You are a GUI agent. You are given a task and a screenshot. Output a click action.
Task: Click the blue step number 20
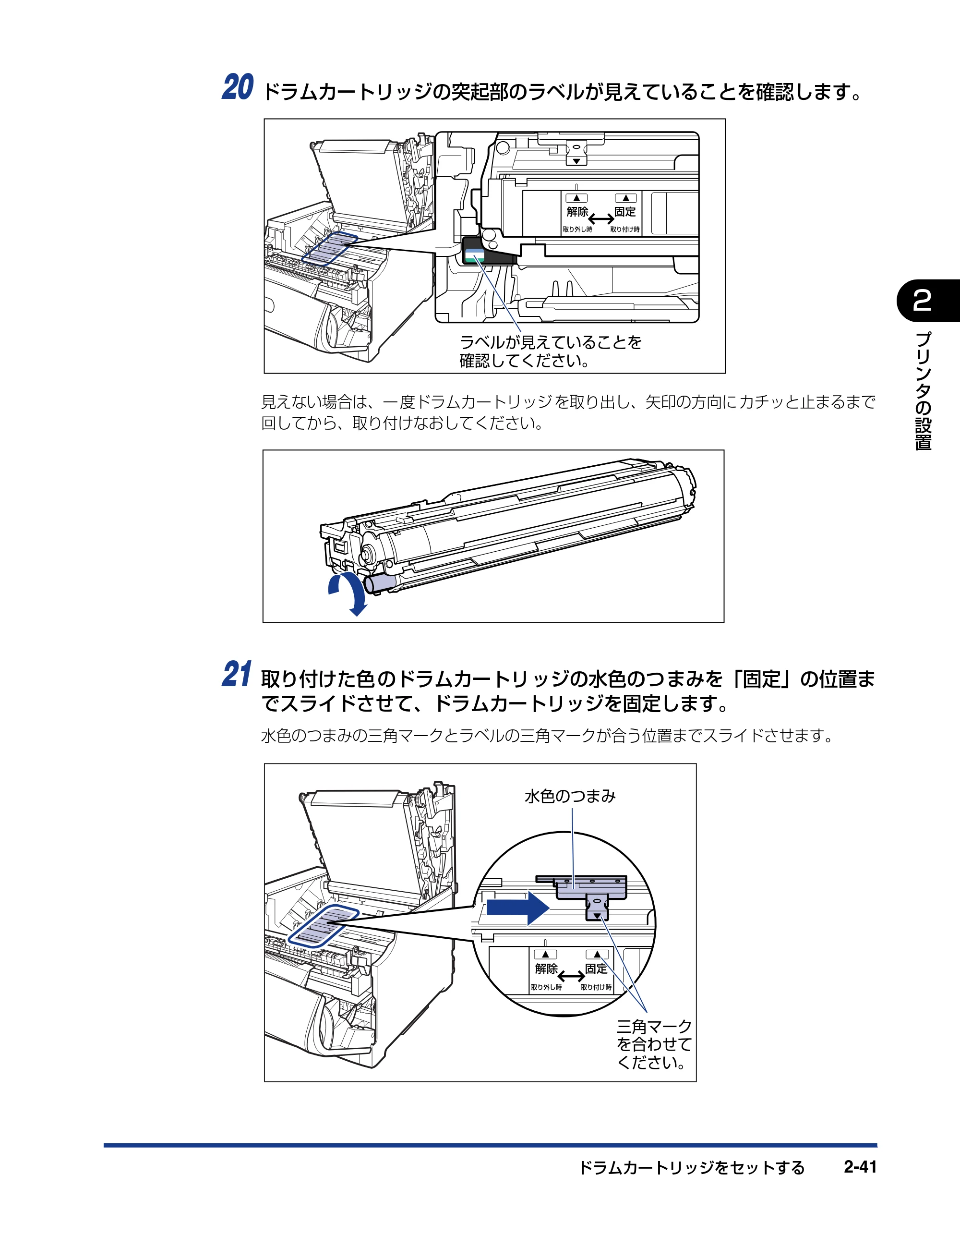[x=238, y=88]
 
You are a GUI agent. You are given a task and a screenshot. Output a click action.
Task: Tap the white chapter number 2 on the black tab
[x=922, y=300]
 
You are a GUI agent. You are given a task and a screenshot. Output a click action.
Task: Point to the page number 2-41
[x=860, y=1167]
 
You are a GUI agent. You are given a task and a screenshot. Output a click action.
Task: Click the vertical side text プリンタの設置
[x=923, y=391]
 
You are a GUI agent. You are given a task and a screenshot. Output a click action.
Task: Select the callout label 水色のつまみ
[x=570, y=796]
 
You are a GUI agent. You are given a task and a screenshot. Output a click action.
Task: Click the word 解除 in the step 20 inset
[x=577, y=211]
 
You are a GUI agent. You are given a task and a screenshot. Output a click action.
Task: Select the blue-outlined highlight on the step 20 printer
[x=329, y=248]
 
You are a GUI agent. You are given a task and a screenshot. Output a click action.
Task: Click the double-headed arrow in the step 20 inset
[x=601, y=219]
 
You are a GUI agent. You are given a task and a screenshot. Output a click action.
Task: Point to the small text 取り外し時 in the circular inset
[x=546, y=987]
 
